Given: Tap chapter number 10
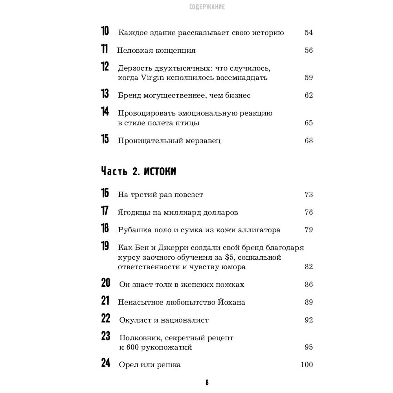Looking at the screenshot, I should [x=105, y=32].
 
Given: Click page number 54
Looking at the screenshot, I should [x=309, y=33].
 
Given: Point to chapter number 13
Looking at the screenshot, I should [x=105, y=95].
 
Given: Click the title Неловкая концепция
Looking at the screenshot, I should [x=156, y=50].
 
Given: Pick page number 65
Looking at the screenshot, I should [x=309, y=123].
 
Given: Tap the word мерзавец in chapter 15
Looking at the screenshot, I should [x=202, y=141].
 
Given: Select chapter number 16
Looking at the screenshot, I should [x=105, y=194].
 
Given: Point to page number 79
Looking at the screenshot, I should [x=309, y=230].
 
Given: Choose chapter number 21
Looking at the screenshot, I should [x=105, y=301].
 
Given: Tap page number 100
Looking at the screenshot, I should [x=307, y=365].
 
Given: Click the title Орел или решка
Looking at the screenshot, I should [x=150, y=365].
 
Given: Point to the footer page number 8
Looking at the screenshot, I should [x=207, y=382].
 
